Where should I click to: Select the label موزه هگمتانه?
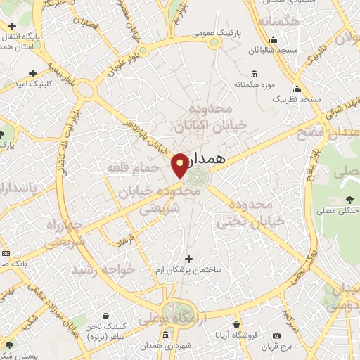click(254, 86)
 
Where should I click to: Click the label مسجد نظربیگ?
click(297, 99)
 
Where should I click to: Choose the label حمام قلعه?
click(128, 168)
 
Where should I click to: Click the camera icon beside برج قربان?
click(276, 336)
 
